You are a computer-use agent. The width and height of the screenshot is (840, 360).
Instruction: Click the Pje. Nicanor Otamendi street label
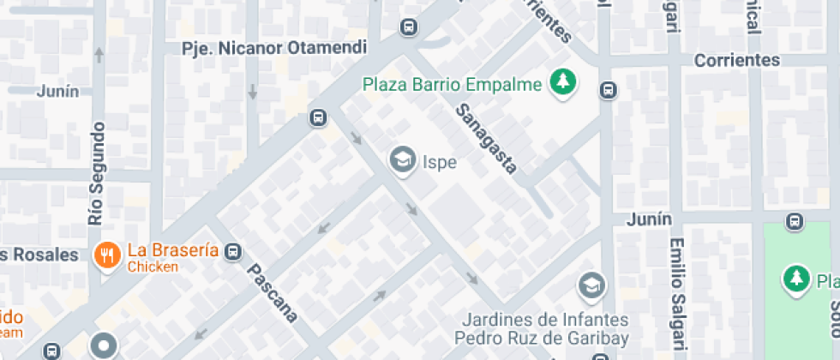coord(274,48)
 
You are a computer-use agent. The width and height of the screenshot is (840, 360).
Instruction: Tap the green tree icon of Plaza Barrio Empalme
coord(563,83)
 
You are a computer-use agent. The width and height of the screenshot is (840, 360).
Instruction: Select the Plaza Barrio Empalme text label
coord(452,85)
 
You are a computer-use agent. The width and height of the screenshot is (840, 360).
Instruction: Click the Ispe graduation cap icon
coord(401,159)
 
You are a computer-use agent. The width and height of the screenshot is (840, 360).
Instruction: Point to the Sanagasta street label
coord(487,139)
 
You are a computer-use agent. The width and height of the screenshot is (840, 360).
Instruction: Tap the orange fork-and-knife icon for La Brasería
coord(107,255)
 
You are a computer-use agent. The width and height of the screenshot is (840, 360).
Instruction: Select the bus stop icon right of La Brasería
coord(232,252)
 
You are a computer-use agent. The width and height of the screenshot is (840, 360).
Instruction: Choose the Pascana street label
coord(273,293)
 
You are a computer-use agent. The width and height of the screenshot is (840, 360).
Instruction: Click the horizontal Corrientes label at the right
coord(737,60)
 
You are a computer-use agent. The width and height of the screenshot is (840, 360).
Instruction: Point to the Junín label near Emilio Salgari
coord(649,219)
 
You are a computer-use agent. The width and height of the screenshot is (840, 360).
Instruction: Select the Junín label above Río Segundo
coord(57,92)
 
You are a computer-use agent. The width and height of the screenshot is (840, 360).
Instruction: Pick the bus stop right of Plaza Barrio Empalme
coord(608,90)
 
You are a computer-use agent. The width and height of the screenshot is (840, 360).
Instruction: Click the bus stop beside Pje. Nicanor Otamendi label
coord(409,28)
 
